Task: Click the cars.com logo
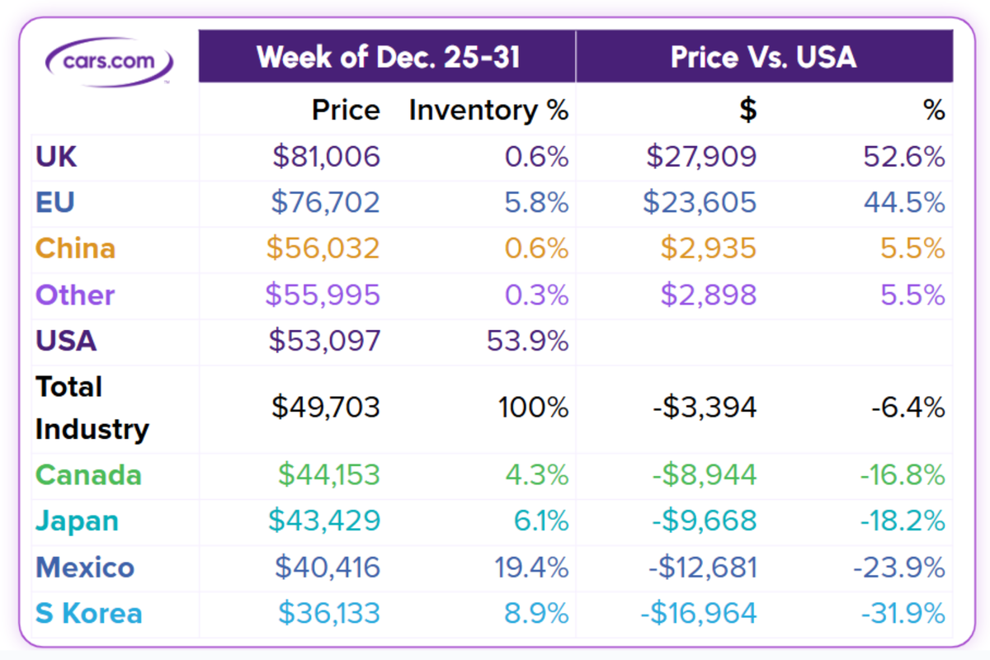click(x=110, y=60)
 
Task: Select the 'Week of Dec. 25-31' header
click(x=388, y=57)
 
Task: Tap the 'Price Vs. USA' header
click(x=763, y=57)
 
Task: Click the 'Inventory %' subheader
click(x=488, y=111)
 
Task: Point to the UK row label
click(x=56, y=157)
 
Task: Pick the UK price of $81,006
click(x=327, y=157)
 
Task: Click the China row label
click(x=75, y=249)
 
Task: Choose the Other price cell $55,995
click(x=323, y=295)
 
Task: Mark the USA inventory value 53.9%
click(x=528, y=341)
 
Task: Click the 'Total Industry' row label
click(x=92, y=408)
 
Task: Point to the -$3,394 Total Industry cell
click(x=703, y=408)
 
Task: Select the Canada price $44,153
click(x=328, y=475)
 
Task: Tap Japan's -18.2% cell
click(x=903, y=521)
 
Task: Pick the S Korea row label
click(x=89, y=614)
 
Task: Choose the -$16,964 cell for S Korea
click(x=698, y=614)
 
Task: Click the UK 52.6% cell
click(x=904, y=157)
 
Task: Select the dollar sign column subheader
click(x=747, y=111)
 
